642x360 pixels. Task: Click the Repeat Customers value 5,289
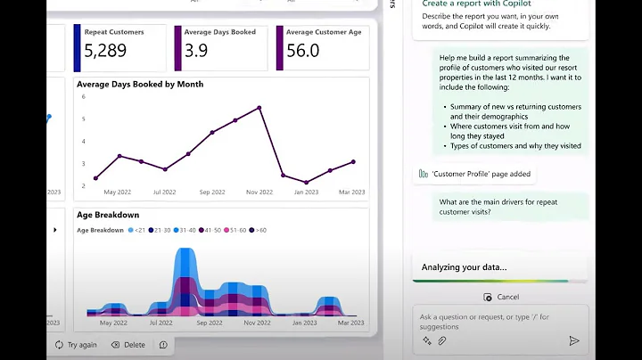click(105, 51)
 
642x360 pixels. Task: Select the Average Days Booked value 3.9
click(196, 51)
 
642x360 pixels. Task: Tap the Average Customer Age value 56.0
click(302, 51)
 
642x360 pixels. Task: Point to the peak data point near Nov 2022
click(259, 108)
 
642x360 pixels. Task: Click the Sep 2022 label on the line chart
click(211, 192)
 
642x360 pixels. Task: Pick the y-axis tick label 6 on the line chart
click(83, 96)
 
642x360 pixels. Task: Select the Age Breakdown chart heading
click(108, 215)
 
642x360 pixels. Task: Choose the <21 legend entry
click(136, 230)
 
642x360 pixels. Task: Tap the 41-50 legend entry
click(210, 230)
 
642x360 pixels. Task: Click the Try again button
click(76, 344)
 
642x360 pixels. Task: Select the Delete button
click(128, 344)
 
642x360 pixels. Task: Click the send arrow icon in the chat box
click(573, 340)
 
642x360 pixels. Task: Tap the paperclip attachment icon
click(441, 340)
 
